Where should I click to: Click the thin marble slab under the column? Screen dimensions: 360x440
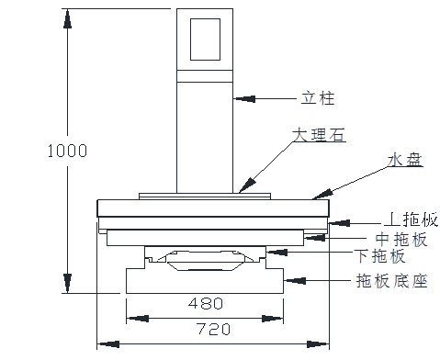coord(205,196)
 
